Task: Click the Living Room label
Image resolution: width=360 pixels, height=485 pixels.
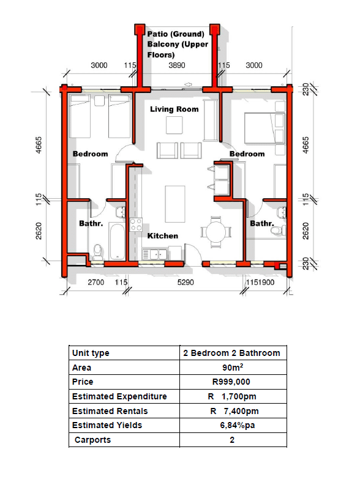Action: coord(174,109)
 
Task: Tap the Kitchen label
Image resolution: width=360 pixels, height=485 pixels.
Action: coord(162,236)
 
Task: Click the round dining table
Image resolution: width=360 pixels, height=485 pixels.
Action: coord(216,232)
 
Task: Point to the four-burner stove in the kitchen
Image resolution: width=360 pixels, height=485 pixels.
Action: coord(135,225)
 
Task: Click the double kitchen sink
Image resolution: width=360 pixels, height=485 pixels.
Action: coord(154,254)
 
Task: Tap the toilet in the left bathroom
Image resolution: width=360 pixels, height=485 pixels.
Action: coord(98,253)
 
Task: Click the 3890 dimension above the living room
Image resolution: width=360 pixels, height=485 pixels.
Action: coord(177,65)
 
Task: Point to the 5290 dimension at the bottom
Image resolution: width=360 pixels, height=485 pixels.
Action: coord(186,282)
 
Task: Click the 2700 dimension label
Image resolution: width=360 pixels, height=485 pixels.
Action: coord(96,282)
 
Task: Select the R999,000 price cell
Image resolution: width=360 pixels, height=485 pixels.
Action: coord(231,382)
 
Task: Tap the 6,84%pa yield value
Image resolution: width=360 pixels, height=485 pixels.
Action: coord(238,425)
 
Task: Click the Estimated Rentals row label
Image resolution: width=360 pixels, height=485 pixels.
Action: coord(110,411)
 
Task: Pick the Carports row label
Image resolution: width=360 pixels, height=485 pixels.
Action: coord(92,440)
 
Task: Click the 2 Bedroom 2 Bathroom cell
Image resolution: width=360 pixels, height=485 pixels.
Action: coord(231,353)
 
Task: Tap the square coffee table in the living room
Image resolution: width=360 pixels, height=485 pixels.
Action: coord(174,125)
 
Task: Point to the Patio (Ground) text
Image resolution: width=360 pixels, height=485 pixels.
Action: coord(176,34)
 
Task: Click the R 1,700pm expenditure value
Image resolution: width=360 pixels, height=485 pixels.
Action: coord(232,396)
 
